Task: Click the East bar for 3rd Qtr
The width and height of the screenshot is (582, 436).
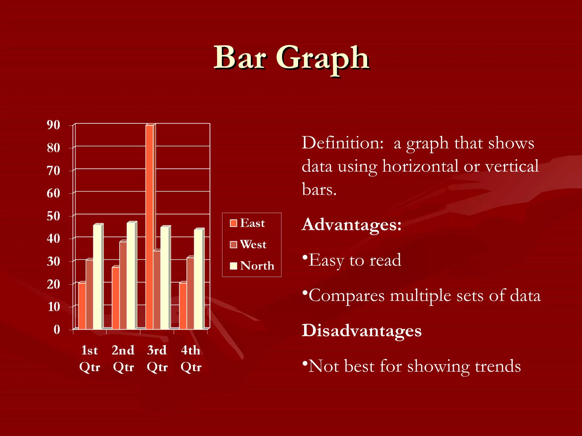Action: pyautogui.click(x=149, y=227)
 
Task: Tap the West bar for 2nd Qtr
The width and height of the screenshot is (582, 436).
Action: pyautogui.click(x=123, y=285)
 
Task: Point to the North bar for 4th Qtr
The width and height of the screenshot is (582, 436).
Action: pyautogui.click(x=198, y=279)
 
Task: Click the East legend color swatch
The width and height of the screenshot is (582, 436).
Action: pyautogui.click(x=233, y=223)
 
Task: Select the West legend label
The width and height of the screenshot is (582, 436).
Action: pyautogui.click(x=253, y=244)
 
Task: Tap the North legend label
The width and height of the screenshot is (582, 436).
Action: pyautogui.click(x=257, y=266)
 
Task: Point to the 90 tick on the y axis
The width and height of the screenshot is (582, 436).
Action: pyautogui.click(x=53, y=125)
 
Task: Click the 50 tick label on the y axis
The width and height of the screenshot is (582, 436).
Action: pyautogui.click(x=53, y=216)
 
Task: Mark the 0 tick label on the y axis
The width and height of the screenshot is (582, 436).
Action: pyautogui.click(x=57, y=330)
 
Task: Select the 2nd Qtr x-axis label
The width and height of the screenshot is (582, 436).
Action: pyautogui.click(x=123, y=358)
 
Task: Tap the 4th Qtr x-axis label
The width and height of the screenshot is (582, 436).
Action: pyautogui.click(x=191, y=358)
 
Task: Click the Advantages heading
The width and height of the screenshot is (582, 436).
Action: pyautogui.click(x=352, y=225)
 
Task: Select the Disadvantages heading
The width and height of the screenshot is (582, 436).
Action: pyautogui.click(x=361, y=330)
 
